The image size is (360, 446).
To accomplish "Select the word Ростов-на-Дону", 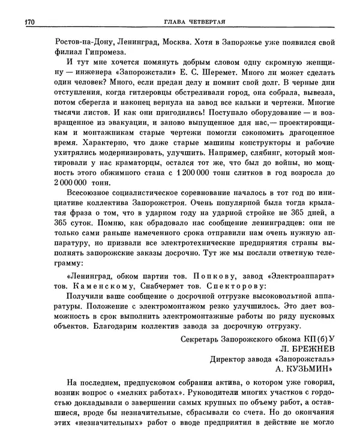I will point(65,44).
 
